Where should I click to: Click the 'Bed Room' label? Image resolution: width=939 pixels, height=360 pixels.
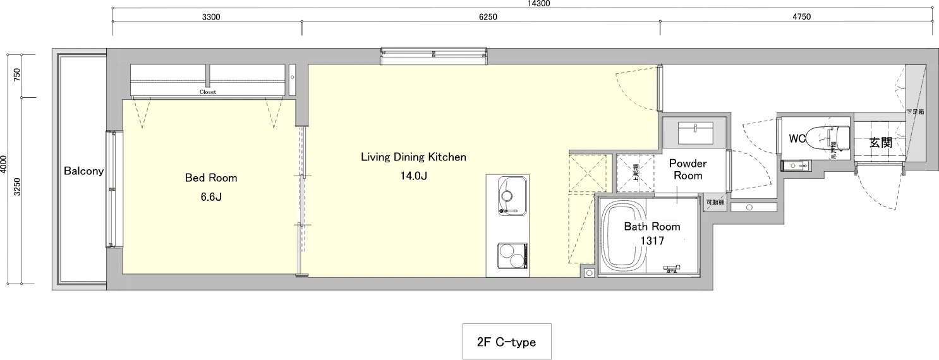coord(210,178)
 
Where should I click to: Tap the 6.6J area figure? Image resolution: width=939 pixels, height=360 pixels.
coord(210,197)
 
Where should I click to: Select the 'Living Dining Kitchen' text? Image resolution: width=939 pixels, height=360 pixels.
coord(413,157)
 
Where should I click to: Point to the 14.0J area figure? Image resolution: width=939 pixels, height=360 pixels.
coord(413,176)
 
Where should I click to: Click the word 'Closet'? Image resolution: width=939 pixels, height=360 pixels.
coord(208,92)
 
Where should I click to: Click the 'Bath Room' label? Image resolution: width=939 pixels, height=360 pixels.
coord(652,226)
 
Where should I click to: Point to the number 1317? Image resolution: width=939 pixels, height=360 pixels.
coord(652,241)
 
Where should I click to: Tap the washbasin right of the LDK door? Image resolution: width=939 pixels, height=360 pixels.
coord(694,133)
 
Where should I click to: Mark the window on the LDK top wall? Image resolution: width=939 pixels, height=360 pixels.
coord(433,56)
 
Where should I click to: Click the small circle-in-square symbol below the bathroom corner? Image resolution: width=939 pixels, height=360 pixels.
coord(589,273)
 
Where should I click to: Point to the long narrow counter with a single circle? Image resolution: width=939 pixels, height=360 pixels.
coord(753,207)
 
